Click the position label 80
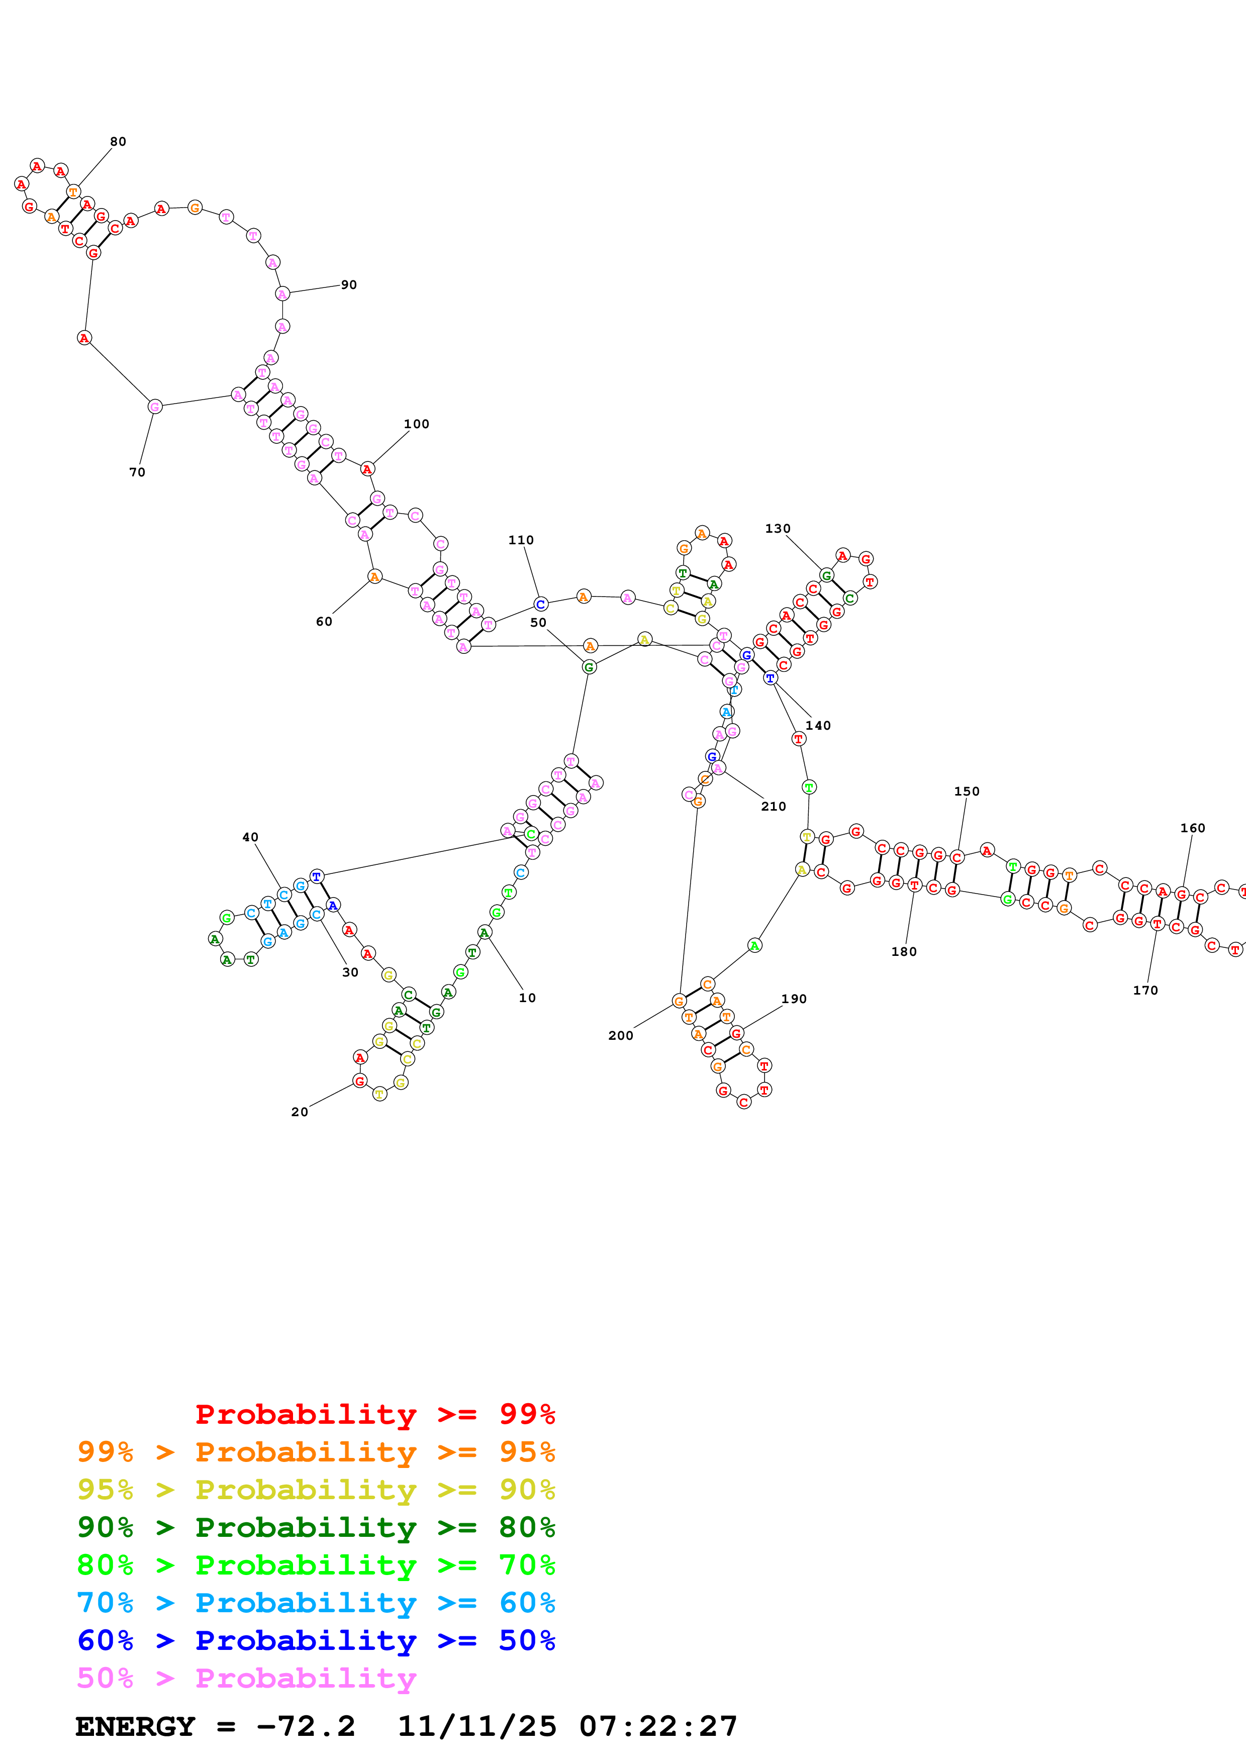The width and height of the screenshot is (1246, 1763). click(118, 141)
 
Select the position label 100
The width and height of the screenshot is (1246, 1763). click(416, 424)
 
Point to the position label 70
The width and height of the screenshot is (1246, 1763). click(137, 472)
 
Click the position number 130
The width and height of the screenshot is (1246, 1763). click(777, 528)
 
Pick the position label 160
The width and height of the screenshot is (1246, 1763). click(1192, 828)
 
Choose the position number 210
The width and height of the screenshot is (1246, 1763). click(773, 806)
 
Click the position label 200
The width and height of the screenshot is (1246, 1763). click(620, 1035)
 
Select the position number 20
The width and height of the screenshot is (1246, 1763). click(300, 1112)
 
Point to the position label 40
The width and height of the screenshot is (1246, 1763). click(250, 837)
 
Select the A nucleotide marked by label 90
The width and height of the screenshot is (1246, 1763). click(282, 294)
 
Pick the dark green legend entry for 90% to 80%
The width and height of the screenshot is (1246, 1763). click(316, 1527)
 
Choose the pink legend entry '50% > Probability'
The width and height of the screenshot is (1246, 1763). click(246, 1678)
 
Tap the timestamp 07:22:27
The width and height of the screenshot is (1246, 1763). click(658, 1726)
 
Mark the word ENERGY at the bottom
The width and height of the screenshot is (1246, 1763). click(135, 1726)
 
